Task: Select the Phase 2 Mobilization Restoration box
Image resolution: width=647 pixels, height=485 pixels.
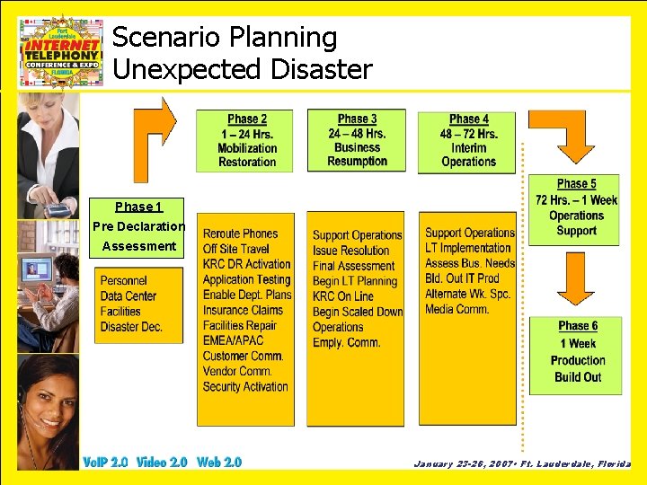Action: point(247,140)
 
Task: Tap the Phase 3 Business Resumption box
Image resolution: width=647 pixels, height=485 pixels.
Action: point(357,140)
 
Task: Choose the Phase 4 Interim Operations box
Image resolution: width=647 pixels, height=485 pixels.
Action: point(468,141)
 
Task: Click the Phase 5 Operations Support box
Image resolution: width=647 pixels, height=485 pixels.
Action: point(575,207)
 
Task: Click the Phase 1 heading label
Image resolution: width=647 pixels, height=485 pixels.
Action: point(138,207)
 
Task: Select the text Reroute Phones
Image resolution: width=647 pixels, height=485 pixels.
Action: point(240,234)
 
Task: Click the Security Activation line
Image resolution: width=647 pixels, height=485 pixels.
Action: point(245,387)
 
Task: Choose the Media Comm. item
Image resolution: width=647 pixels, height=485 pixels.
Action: point(456,309)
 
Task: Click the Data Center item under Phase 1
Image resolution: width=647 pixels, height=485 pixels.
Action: point(129,296)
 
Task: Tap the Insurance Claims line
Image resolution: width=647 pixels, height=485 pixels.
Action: point(243,310)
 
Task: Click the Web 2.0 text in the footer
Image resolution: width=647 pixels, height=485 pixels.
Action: point(219,463)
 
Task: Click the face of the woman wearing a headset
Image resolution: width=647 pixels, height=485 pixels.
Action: point(46,395)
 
